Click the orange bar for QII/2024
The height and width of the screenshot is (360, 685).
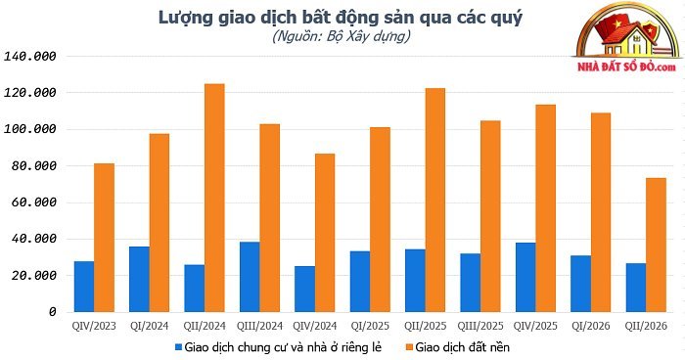tap(214, 198)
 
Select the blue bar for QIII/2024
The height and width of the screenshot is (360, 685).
tap(250, 277)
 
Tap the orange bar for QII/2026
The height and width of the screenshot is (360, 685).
tap(657, 246)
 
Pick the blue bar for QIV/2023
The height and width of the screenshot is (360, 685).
tap(84, 287)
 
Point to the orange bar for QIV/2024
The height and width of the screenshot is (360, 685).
tap(325, 233)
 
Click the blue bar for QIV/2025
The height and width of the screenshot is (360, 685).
tap(525, 278)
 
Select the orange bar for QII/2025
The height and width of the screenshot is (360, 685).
tap(435, 201)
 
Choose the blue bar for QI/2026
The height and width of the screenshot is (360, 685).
tap(580, 284)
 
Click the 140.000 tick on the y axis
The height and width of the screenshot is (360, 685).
tap(30, 57)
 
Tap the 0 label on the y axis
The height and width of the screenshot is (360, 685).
tap(53, 312)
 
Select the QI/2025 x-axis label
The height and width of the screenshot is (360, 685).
tap(370, 326)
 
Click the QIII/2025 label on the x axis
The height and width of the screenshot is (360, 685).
tap(480, 326)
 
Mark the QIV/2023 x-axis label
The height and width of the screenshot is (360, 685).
tap(94, 326)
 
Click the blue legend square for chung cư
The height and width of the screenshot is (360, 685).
tap(178, 347)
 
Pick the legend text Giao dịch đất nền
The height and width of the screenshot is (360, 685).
tap(463, 347)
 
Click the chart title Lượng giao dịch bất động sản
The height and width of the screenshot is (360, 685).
tap(341, 18)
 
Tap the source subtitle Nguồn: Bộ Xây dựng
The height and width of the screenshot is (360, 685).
tap(342, 36)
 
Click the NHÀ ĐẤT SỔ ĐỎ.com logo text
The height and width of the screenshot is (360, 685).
tap(626, 67)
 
